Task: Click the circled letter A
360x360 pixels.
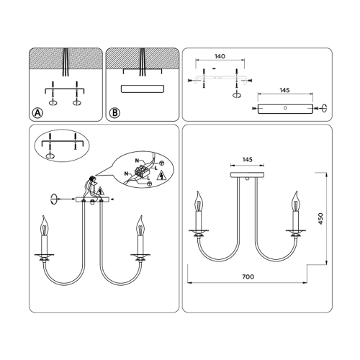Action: click(37, 113)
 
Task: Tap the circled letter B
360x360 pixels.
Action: click(114, 113)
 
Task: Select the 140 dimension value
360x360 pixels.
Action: click(220, 56)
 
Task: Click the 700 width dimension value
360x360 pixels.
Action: click(248, 276)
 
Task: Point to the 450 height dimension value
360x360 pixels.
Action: click(320, 219)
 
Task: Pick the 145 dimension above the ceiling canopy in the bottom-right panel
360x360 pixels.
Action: click(248, 160)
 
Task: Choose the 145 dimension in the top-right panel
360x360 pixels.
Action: click(284, 90)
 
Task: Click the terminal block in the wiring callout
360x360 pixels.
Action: click(142, 171)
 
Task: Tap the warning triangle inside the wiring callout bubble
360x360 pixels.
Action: click(161, 176)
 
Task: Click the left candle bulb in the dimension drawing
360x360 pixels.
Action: click(199, 202)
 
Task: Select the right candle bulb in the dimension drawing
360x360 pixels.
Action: click(295, 202)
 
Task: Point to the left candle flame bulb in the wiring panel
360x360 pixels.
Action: click(45, 226)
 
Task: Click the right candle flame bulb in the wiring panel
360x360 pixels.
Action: click(140, 226)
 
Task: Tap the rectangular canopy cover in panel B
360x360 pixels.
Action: click(143, 89)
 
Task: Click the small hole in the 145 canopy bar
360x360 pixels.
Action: click(285, 108)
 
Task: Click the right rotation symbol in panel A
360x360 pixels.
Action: click(77, 103)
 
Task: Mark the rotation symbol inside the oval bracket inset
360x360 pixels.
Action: click(50, 156)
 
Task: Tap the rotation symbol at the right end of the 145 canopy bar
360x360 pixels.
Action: click(324, 108)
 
